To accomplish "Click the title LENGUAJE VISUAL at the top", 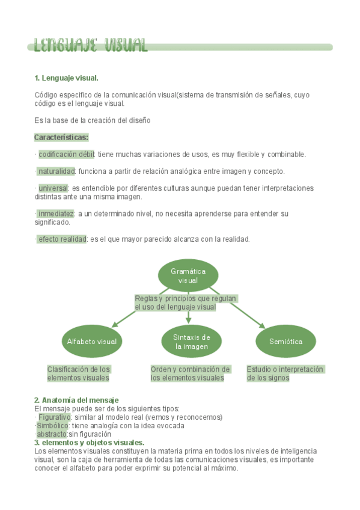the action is pos(91,46).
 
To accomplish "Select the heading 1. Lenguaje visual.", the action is pos(66,78).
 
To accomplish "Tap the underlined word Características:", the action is pos(61,137).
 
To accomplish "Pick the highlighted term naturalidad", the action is pos(56,171).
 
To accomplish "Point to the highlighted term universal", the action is pos(53,188).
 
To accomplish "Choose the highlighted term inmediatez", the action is pos(55,214).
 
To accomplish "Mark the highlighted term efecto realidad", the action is pos(62,239).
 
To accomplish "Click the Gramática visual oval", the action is pos(188,275).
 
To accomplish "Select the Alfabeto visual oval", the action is pos(92,342).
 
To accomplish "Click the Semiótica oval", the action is pos(285,342).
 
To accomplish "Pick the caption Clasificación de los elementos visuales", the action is pos(79,373).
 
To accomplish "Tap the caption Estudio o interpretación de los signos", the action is pos(285,373).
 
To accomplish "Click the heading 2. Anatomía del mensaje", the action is pos(76,400).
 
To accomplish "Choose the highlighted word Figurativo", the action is pos(54,417).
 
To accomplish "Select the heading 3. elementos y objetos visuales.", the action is pos(89,443).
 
